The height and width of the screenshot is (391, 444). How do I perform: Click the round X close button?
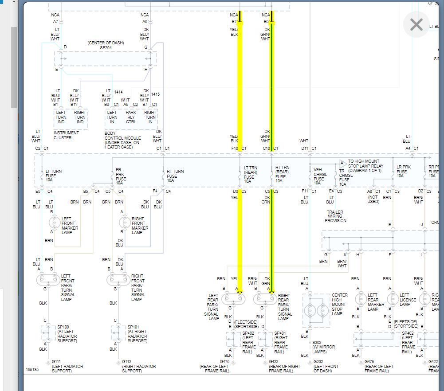click(x=416, y=24)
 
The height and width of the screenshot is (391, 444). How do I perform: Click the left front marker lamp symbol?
click(x=55, y=222)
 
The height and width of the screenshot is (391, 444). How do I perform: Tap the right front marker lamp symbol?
click(x=125, y=222)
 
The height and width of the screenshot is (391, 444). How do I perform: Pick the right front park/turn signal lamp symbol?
click(x=119, y=279)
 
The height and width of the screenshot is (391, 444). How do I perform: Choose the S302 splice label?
click(x=318, y=342)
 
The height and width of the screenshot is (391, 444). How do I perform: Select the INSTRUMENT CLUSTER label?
click(x=66, y=135)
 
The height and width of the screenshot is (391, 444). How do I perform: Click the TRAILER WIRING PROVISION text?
click(x=335, y=216)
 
